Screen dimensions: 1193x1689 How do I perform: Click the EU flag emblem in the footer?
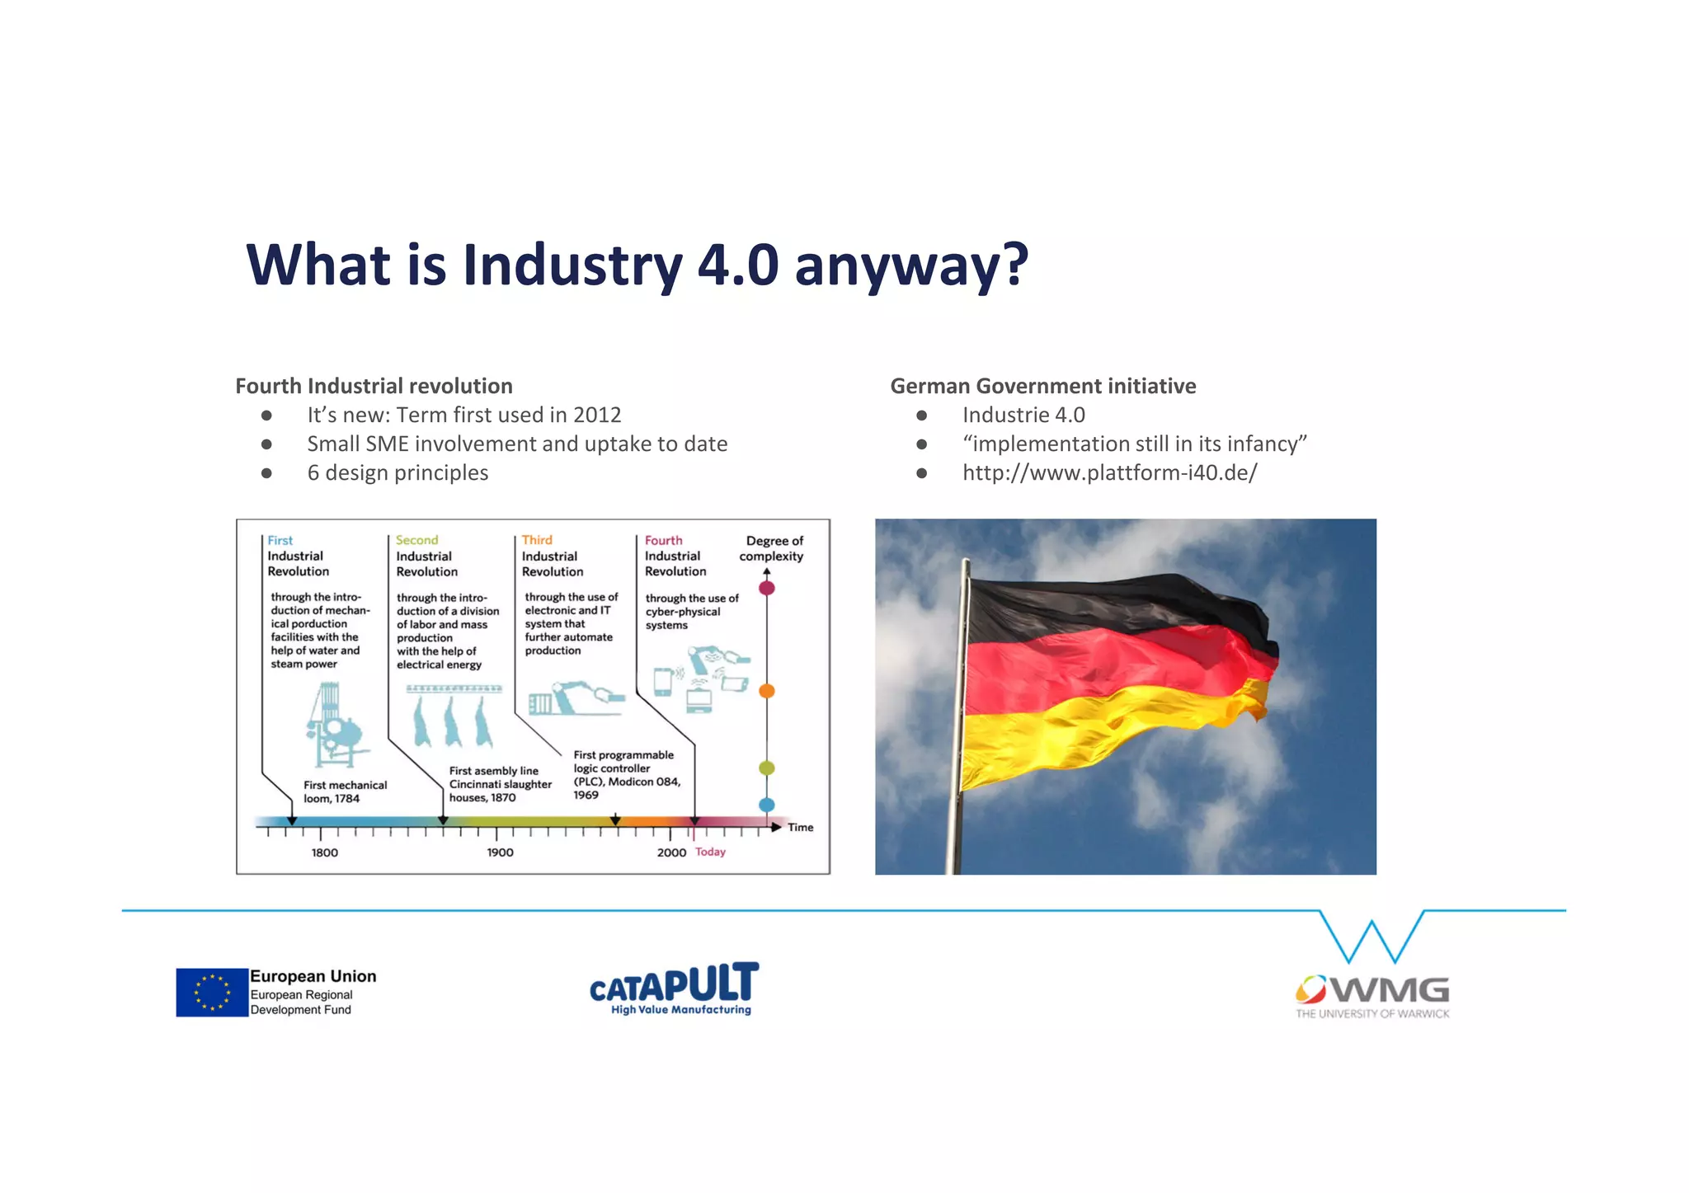click(x=212, y=992)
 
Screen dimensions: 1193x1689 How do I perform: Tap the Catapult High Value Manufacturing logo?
click(x=674, y=989)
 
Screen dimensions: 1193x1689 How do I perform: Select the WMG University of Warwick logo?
click(x=1372, y=996)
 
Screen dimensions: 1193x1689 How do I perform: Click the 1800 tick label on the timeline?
click(x=324, y=852)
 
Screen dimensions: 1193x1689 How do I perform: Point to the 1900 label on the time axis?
click(x=500, y=852)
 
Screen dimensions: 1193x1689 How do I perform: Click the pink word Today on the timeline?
click(x=710, y=852)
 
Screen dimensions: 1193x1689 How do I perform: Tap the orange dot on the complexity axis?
click(x=767, y=691)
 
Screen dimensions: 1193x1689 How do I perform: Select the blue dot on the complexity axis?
click(x=767, y=805)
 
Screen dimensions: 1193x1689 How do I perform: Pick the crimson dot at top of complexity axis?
click(x=767, y=588)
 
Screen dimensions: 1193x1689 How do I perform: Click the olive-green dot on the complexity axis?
click(x=767, y=768)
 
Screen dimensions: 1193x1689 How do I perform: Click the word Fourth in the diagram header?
click(x=663, y=540)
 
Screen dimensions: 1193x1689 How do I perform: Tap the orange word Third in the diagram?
click(x=537, y=540)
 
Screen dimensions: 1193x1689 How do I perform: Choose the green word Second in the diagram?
click(x=416, y=540)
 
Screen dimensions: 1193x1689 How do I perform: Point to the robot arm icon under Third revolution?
click(x=576, y=697)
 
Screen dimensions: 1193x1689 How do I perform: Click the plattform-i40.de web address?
click(x=1109, y=472)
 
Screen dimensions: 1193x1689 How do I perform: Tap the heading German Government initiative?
click(x=1042, y=386)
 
